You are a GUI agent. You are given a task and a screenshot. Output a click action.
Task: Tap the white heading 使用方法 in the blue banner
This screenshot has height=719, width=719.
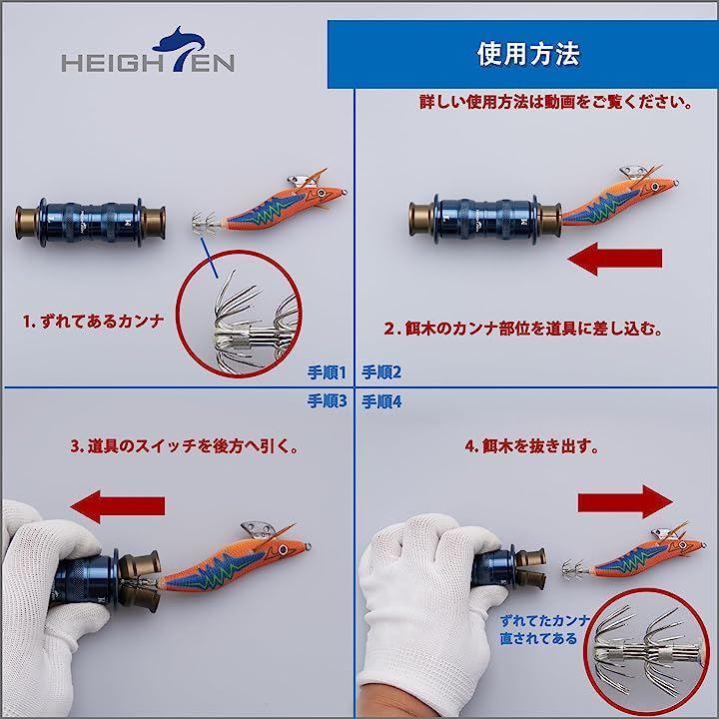(528, 54)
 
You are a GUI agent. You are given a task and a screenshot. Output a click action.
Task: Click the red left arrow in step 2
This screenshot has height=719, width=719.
(614, 259)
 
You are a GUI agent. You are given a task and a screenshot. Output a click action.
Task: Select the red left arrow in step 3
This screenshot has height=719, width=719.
(118, 506)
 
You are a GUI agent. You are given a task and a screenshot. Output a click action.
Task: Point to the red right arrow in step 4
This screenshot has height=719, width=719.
(625, 502)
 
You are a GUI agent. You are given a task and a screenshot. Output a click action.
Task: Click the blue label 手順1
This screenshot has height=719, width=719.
(327, 372)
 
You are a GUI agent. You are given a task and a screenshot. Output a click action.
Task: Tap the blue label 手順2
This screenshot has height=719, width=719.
(381, 371)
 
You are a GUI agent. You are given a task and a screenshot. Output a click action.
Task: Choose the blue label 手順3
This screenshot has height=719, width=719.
(327, 401)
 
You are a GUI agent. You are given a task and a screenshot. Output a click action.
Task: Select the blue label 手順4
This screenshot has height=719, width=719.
(381, 402)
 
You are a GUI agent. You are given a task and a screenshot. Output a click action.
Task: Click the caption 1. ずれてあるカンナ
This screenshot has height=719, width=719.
(94, 321)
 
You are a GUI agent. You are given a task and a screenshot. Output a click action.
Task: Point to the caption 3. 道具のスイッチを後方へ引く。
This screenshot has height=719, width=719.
(185, 446)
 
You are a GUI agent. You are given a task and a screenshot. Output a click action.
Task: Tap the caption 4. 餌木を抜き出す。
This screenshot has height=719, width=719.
(532, 446)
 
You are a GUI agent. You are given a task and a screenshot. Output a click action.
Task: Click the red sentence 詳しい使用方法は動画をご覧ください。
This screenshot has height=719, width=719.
(556, 102)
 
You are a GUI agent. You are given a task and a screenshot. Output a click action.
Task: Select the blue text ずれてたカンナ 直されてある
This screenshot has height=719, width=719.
(545, 629)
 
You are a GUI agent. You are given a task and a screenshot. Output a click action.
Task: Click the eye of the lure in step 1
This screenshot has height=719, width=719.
(321, 193)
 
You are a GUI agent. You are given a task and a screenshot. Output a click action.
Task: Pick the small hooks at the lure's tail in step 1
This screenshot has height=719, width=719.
(203, 223)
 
